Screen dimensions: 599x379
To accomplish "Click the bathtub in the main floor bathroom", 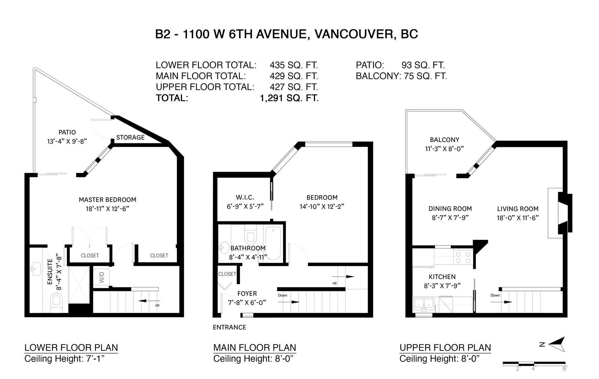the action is click(x=273, y=244).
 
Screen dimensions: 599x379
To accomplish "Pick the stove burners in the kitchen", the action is click(x=463, y=258).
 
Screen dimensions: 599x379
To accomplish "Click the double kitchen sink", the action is click(x=424, y=304).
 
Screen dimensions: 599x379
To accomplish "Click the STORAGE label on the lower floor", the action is click(x=130, y=137).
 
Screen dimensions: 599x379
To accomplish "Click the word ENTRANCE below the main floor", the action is click(x=230, y=327).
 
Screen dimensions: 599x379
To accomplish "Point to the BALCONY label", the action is click(x=444, y=140).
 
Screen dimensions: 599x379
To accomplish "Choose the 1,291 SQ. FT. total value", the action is click(x=289, y=98).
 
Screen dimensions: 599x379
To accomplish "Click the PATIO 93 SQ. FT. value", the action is click(x=423, y=65).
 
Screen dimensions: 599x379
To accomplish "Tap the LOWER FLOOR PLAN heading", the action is click(x=71, y=347).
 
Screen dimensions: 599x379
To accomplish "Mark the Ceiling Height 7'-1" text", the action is click(x=64, y=359).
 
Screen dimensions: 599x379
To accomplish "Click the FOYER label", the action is click(x=247, y=293).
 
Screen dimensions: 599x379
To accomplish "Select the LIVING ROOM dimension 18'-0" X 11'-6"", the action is click(x=518, y=218).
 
